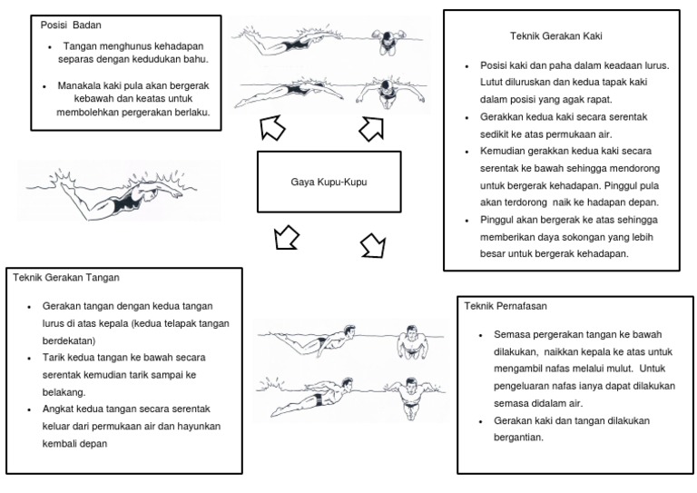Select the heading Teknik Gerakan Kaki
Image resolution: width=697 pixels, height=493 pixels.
click(x=557, y=36)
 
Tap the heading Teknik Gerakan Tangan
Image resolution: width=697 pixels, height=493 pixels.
click(x=67, y=277)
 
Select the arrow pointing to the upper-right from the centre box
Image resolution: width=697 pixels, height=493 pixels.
click(x=371, y=129)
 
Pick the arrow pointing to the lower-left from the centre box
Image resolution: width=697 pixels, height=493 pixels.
click(x=286, y=238)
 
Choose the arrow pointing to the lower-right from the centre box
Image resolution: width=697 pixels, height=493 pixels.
click(x=372, y=243)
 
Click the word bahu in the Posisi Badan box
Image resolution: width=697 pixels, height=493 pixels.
click(x=196, y=60)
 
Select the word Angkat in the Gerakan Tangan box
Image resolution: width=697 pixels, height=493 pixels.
click(x=57, y=409)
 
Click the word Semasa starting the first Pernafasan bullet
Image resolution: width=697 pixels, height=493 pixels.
click(x=511, y=334)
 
